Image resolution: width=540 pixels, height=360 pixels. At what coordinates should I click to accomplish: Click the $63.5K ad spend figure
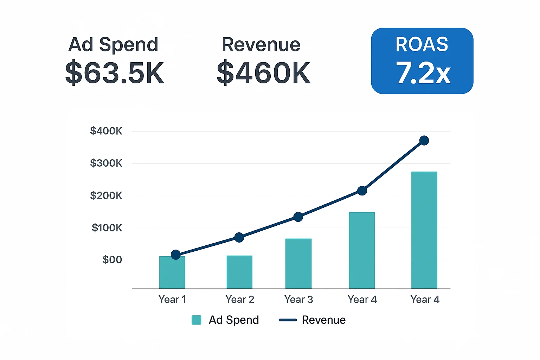115,72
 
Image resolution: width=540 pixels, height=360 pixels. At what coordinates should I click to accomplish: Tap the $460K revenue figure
263,72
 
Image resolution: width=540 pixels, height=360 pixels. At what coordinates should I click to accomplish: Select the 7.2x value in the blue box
423,72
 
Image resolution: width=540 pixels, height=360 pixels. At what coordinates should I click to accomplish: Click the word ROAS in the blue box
422,44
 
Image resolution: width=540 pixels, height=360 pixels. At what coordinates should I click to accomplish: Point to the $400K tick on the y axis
106,131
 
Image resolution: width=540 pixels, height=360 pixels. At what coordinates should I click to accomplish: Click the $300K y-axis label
106,163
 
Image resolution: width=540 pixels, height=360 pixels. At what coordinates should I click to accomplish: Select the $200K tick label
106,195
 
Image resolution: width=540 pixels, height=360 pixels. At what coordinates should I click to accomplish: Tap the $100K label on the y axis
107,228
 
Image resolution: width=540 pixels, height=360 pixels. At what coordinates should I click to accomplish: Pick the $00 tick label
112,260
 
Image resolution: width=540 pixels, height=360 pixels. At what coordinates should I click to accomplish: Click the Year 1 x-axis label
172,300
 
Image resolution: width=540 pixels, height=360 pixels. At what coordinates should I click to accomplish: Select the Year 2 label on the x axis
240,300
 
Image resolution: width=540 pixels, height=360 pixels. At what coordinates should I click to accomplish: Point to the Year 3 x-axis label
299,300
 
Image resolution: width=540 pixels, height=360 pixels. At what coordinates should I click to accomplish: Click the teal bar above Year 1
172,272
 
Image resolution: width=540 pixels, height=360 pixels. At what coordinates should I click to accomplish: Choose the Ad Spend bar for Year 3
298,264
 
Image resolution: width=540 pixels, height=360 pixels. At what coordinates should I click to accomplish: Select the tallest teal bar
424,230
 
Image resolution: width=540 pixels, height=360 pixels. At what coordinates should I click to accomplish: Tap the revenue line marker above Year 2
239,238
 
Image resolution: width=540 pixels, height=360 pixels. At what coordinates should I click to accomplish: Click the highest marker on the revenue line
424,140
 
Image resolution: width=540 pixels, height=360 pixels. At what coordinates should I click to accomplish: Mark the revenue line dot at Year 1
176,255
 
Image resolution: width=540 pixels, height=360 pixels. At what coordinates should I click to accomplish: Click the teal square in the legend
197,320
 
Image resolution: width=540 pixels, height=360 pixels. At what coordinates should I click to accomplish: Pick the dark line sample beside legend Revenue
288,320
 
